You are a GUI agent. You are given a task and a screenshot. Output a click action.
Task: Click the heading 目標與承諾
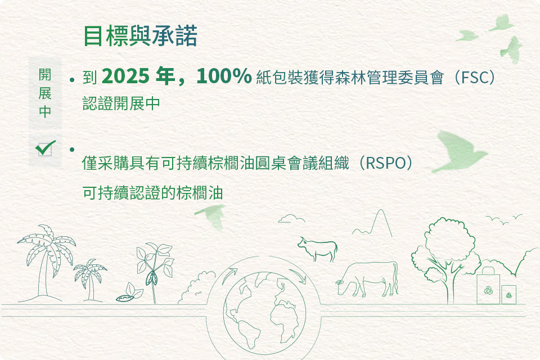pos(140,35)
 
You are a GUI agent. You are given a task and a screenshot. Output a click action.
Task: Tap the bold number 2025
pos(125,76)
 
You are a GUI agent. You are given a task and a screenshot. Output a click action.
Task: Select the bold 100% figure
pos(224,76)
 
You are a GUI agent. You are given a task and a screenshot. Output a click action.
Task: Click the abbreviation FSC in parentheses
pos(475,77)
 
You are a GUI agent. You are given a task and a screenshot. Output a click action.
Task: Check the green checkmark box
pos(45,148)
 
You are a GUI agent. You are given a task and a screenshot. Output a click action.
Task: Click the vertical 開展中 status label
pos(45,93)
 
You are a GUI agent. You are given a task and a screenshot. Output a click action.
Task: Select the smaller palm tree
pos(90,279)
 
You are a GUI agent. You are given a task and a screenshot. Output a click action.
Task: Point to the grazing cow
pos(367,279)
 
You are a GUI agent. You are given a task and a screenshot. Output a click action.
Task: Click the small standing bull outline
pos(317,249)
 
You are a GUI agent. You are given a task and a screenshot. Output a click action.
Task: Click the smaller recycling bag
pos(508,295)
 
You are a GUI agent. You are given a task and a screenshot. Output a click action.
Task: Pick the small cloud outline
pos(291,218)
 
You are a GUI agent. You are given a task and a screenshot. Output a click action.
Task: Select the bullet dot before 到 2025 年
pos(71,80)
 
